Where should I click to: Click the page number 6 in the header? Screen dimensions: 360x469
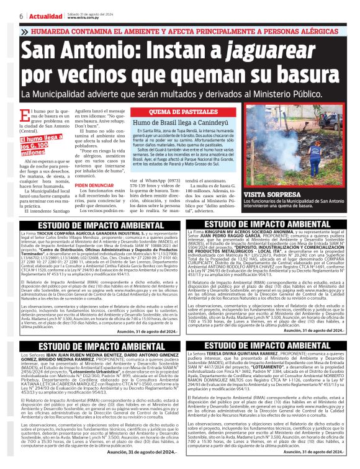point(22,14)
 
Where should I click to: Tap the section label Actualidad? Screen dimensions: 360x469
point(44,14)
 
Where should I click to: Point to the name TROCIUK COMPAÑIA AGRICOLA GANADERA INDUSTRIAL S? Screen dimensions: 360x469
point(99,233)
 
